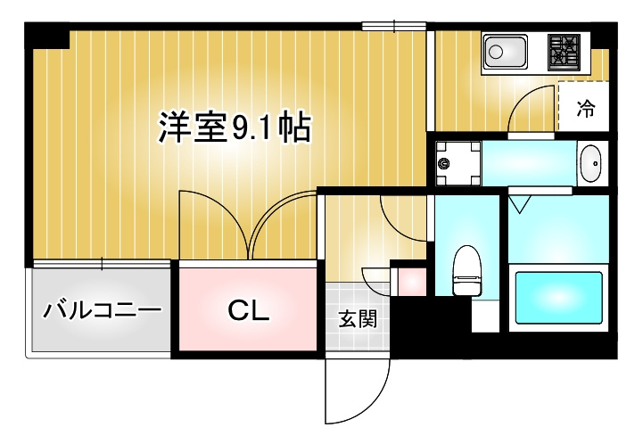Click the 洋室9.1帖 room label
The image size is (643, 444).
[235, 127]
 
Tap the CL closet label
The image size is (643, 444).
[249, 311]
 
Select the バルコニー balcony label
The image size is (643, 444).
[103, 310]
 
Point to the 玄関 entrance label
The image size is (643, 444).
[358, 319]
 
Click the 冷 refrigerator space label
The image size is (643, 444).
[586, 109]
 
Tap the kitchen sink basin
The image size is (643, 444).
[505, 52]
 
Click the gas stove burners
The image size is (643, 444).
[565, 52]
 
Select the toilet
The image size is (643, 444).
[467, 270]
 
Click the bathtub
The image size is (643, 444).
[558, 298]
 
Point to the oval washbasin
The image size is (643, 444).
[591, 163]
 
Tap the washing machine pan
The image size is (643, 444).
[458, 163]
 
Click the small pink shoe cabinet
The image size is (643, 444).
[412, 282]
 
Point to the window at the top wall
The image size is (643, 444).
[394, 26]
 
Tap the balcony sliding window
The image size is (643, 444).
[102, 263]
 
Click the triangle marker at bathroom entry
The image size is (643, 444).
[520, 204]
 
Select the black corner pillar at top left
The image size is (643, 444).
[47, 36]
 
